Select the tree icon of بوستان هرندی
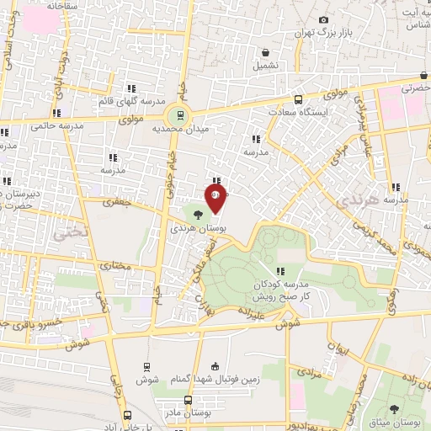196,215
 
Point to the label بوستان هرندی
194,228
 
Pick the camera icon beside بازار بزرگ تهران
323,19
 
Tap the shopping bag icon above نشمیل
266,51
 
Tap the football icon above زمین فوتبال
215,366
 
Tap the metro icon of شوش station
147,366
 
